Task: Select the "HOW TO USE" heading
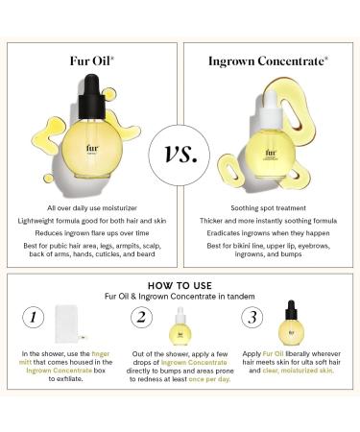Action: [x=180, y=284]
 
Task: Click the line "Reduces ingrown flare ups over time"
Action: [x=90, y=232]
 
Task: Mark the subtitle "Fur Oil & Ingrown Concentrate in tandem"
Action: [x=180, y=296]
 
